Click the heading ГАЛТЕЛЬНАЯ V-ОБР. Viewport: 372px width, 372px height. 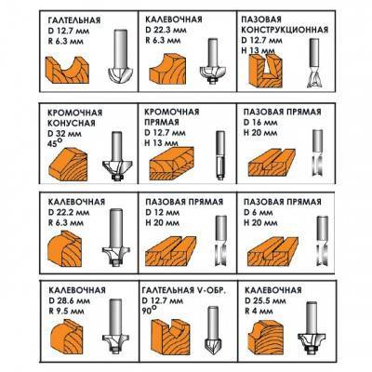pyautogui.click(x=184, y=290)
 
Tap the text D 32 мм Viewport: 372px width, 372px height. pyautogui.click(x=65, y=134)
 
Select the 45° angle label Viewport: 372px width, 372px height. pyautogui.click(x=53, y=144)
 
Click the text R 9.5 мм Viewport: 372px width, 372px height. pyautogui.click(x=66, y=311)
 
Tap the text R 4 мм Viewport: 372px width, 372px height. pyautogui.click(x=259, y=311)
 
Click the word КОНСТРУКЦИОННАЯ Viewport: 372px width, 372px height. pyautogui.click(x=285, y=30)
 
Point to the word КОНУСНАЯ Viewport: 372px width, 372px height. pyautogui.click(x=72, y=123)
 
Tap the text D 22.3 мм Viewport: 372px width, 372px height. pyautogui.click(x=166, y=30)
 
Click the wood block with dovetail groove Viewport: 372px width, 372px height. pyautogui.click(x=266, y=71)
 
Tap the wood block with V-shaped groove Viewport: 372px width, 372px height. pyautogui.click(x=169, y=336)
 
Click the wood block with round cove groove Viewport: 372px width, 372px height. pyautogui.click(x=67, y=70)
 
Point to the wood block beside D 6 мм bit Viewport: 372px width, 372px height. pyautogui.click(x=272, y=251)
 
